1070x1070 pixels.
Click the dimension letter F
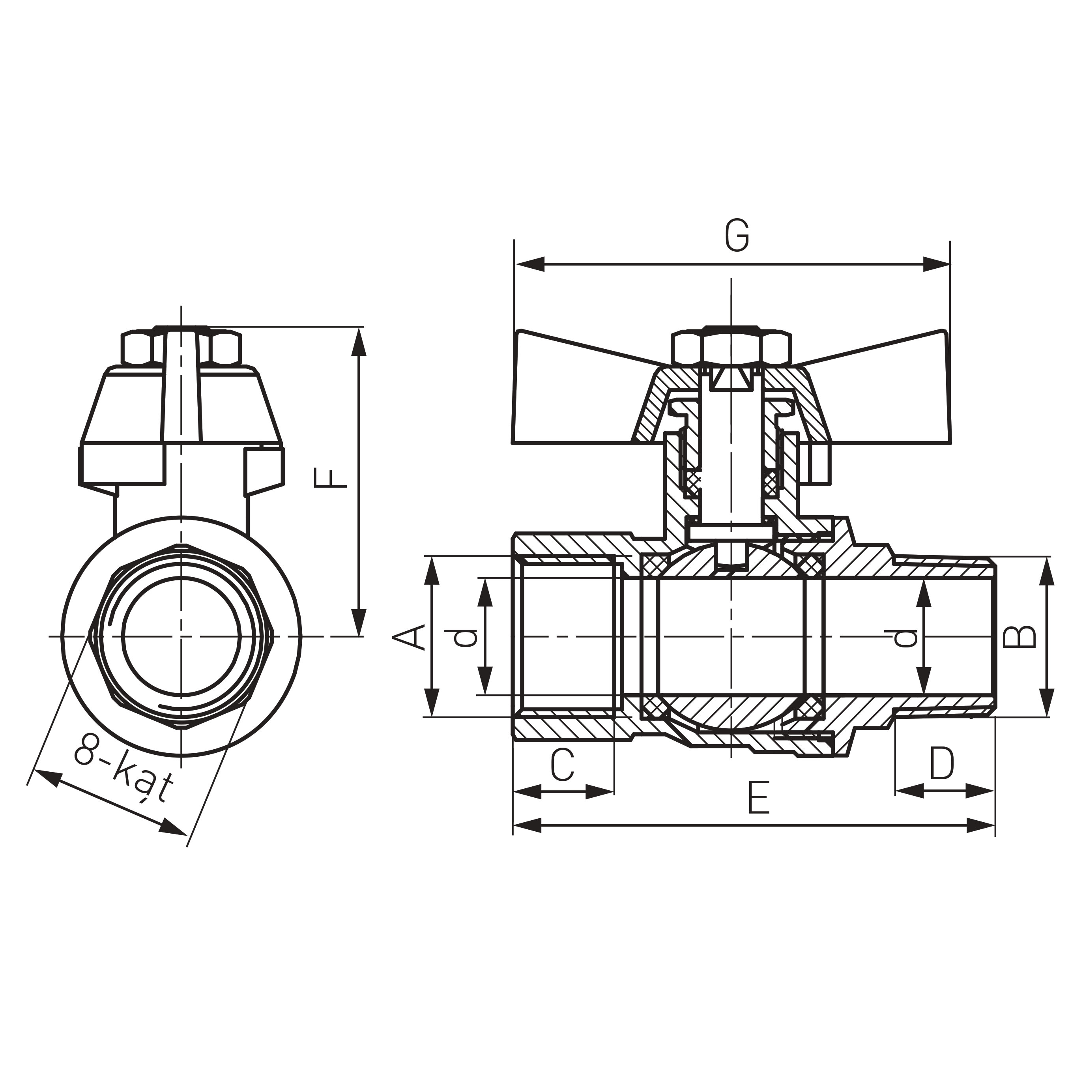pyautogui.click(x=331, y=478)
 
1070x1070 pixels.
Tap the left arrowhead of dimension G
pyautogui.click(x=529, y=264)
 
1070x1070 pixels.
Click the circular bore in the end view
pyautogui.click(x=181, y=636)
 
